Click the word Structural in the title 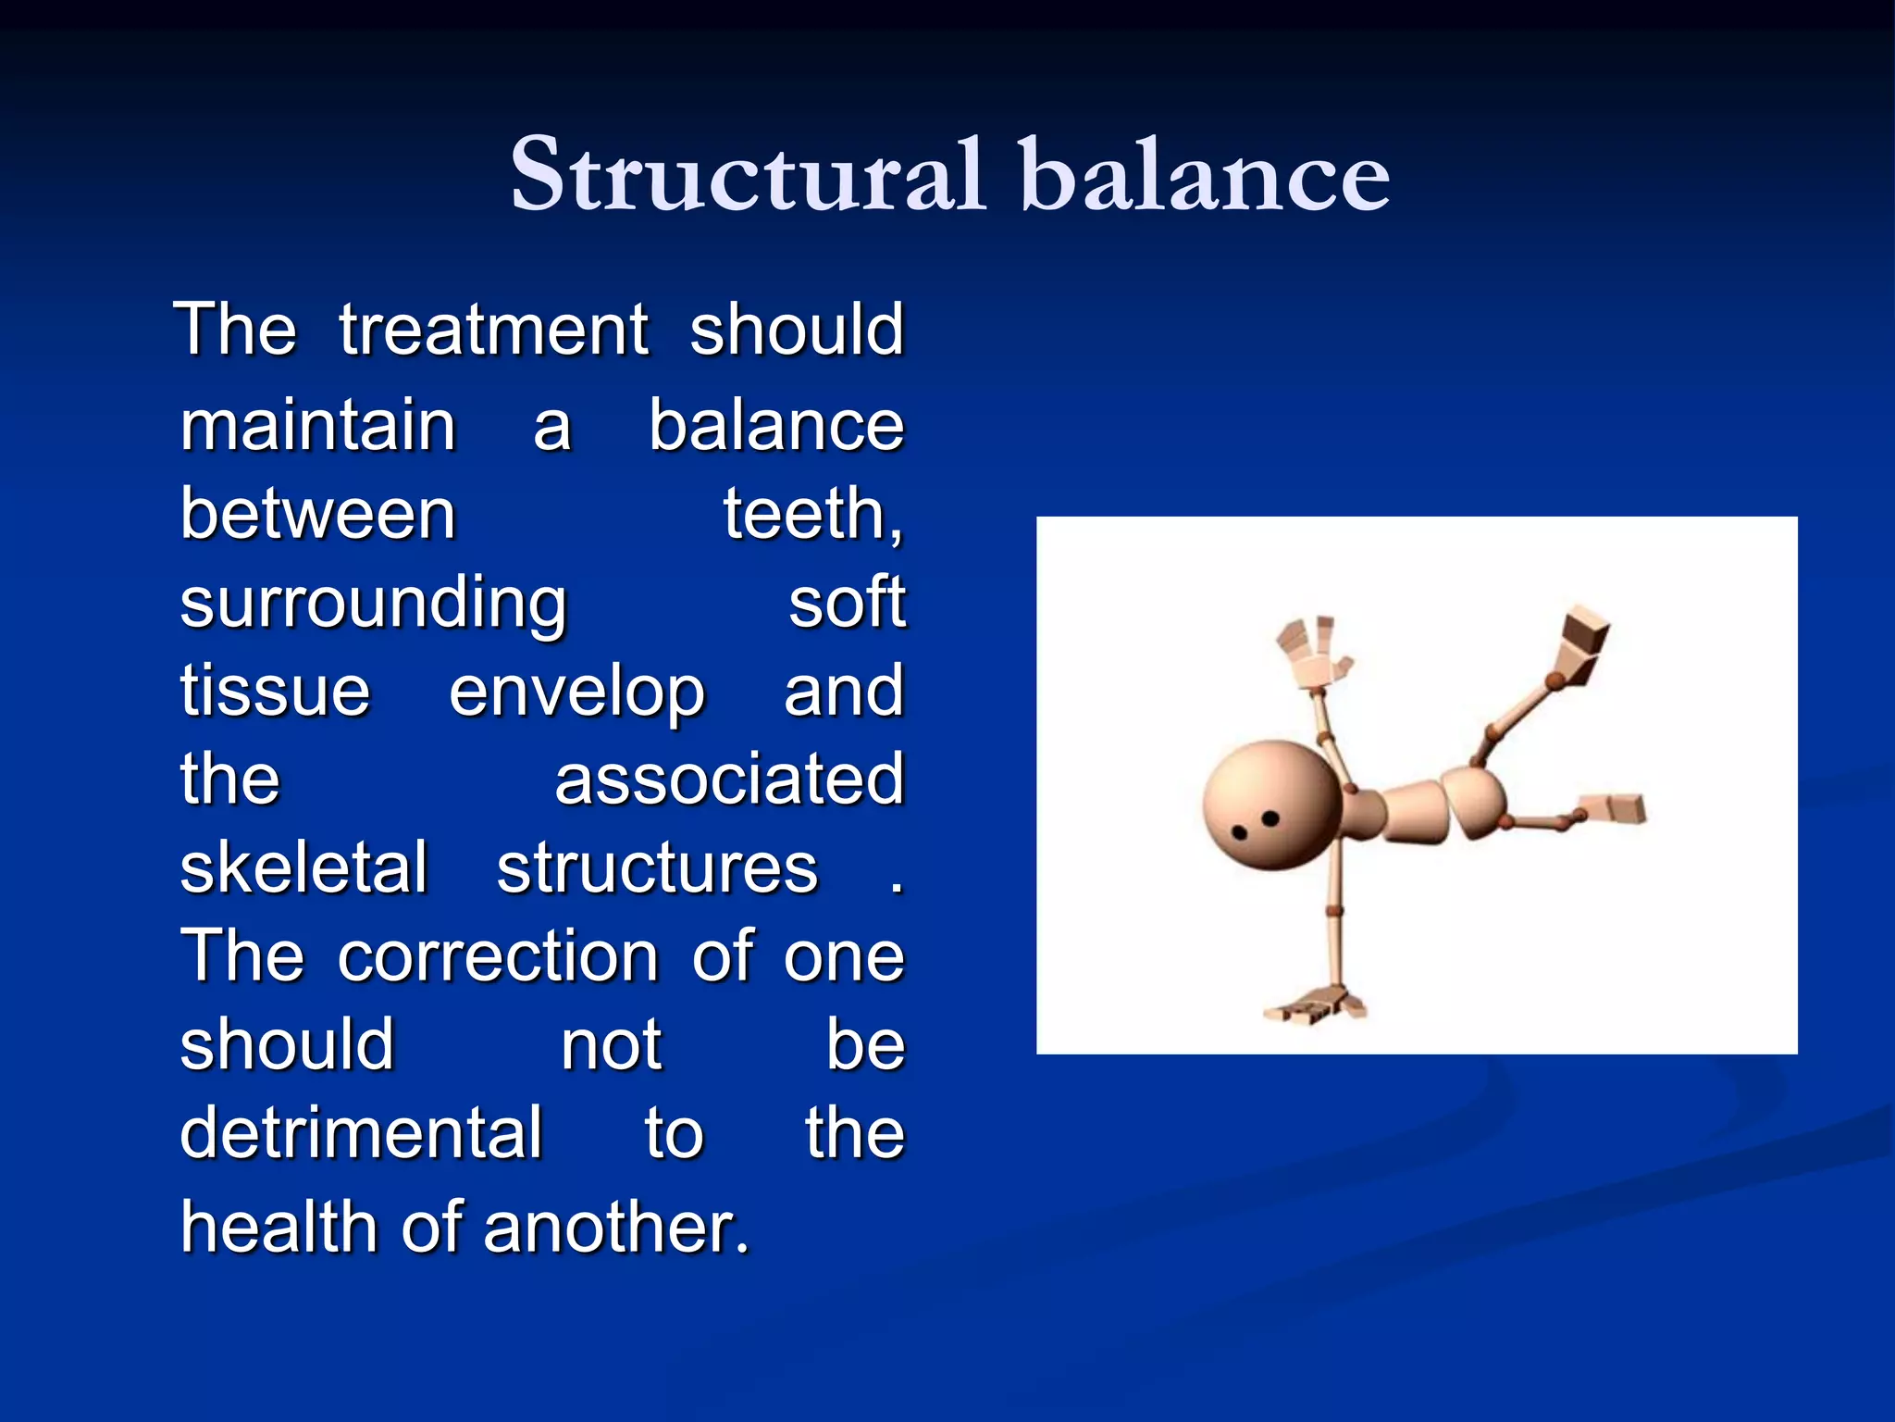pos(746,174)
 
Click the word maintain pos(317,426)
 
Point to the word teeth pos(811,514)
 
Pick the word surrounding pos(373,604)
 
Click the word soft pos(846,602)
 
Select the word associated pos(729,780)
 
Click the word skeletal pos(304,868)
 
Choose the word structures pos(657,868)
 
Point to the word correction pos(498,955)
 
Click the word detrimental pos(361,1132)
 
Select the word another pos(614,1227)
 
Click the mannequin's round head pos(1271,805)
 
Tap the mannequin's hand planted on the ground pos(1314,1005)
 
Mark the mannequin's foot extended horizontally pos(1615,808)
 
